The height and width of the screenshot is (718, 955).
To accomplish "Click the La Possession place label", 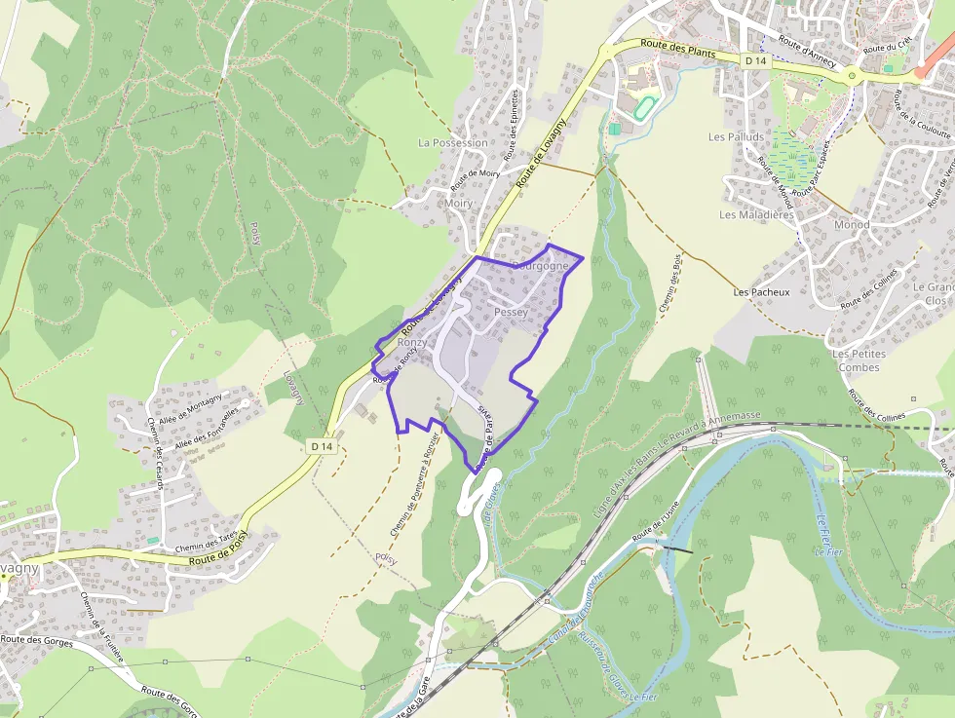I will tap(452, 142).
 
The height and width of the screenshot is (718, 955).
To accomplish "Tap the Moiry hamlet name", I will tap(457, 204).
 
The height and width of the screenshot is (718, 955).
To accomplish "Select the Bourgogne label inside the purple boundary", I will tap(540, 265).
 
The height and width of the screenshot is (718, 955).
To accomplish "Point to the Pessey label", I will tap(511, 312).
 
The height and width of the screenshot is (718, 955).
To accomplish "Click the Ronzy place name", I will tap(411, 343).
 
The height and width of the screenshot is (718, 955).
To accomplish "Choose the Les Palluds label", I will tap(736, 137).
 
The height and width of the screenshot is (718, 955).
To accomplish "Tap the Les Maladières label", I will tap(756, 214).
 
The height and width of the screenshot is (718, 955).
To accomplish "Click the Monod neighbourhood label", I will tap(852, 225).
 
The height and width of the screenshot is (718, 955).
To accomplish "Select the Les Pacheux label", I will tap(761, 292).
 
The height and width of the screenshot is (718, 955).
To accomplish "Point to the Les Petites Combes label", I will tap(859, 360).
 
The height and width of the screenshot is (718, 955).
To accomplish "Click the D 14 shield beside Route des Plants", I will tap(755, 60).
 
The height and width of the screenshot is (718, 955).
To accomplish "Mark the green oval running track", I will tap(642, 107).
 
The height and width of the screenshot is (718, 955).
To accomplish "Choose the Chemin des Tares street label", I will tap(206, 543).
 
